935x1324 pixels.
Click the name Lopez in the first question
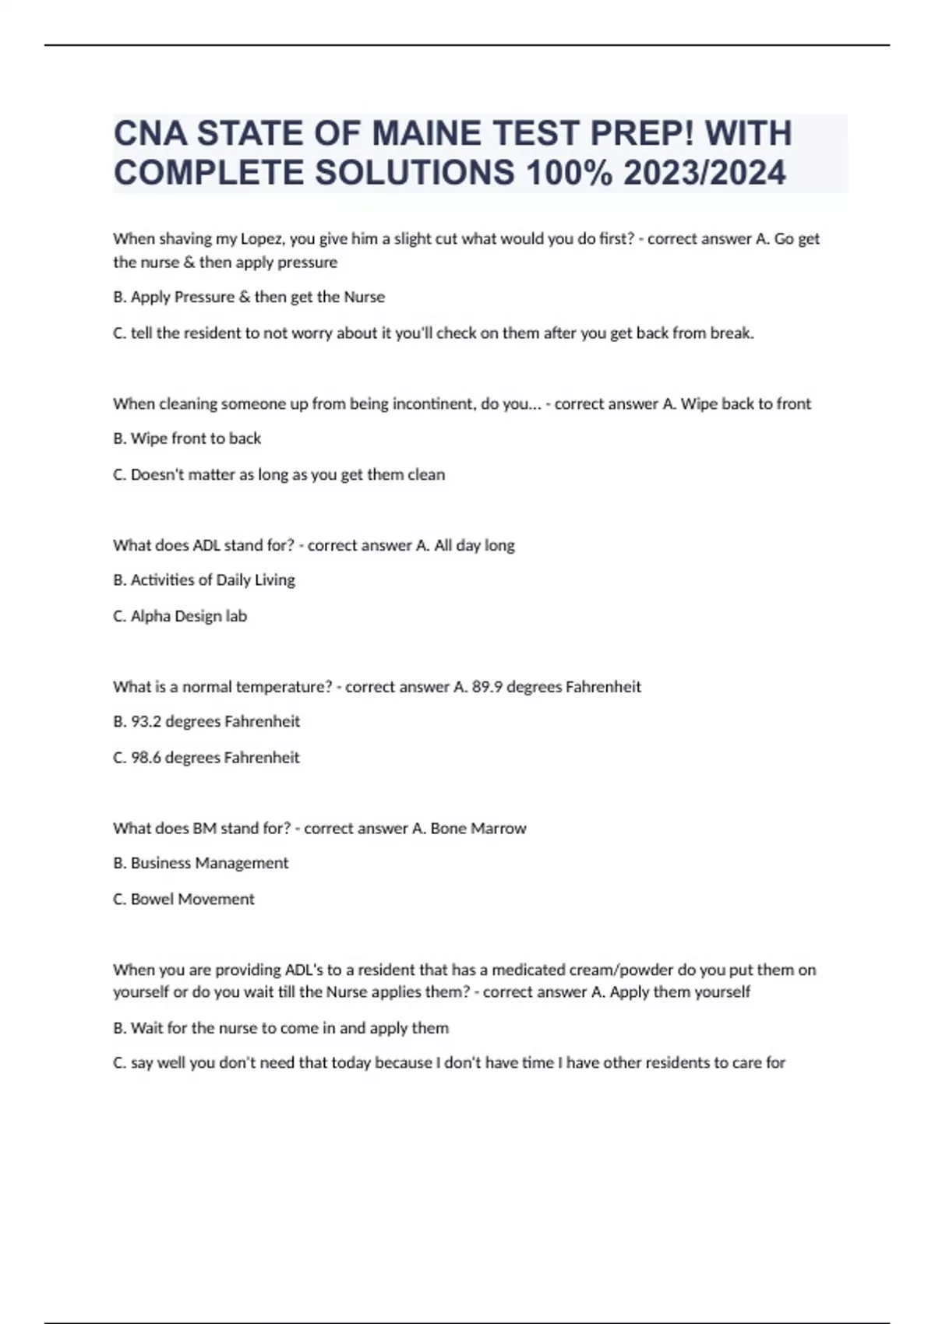point(262,239)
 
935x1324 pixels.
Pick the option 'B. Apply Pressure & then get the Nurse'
point(249,297)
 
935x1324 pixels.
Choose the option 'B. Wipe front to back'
point(187,438)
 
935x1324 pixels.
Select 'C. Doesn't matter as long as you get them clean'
point(279,474)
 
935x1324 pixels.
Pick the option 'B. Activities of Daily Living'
point(204,580)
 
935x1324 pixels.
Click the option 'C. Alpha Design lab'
point(180,616)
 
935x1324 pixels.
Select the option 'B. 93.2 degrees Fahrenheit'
point(206,722)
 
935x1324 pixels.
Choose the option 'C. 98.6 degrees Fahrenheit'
point(206,758)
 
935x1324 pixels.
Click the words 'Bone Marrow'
point(478,829)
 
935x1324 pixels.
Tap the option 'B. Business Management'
point(201,863)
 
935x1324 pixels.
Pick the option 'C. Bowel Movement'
point(184,899)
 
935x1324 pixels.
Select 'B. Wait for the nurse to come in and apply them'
point(280,1028)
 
